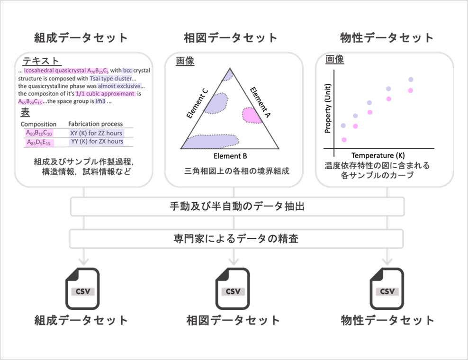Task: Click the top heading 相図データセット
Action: [x=230, y=38]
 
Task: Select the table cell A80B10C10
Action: [x=39, y=133]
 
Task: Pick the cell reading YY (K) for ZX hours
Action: [x=97, y=141]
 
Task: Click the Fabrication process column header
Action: [x=96, y=124]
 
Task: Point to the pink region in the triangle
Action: [x=252, y=115]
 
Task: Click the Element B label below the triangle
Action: [x=230, y=156]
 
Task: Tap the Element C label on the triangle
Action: [x=197, y=104]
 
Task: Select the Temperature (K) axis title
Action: [x=378, y=155]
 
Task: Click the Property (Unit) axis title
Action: [x=328, y=108]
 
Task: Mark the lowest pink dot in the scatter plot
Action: [x=344, y=140]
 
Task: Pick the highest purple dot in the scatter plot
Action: [x=411, y=80]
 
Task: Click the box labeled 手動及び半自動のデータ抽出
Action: [x=237, y=206]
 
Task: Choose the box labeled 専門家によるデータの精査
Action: [x=236, y=239]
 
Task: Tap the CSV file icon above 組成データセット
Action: [x=82, y=288]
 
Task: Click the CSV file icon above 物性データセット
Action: [x=387, y=288]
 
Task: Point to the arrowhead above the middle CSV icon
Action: [x=234, y=261]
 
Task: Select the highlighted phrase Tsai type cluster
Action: [x=111, y=79]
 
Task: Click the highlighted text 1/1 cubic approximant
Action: [x=105, y=94]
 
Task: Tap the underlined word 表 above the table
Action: [x=25, y=112]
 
